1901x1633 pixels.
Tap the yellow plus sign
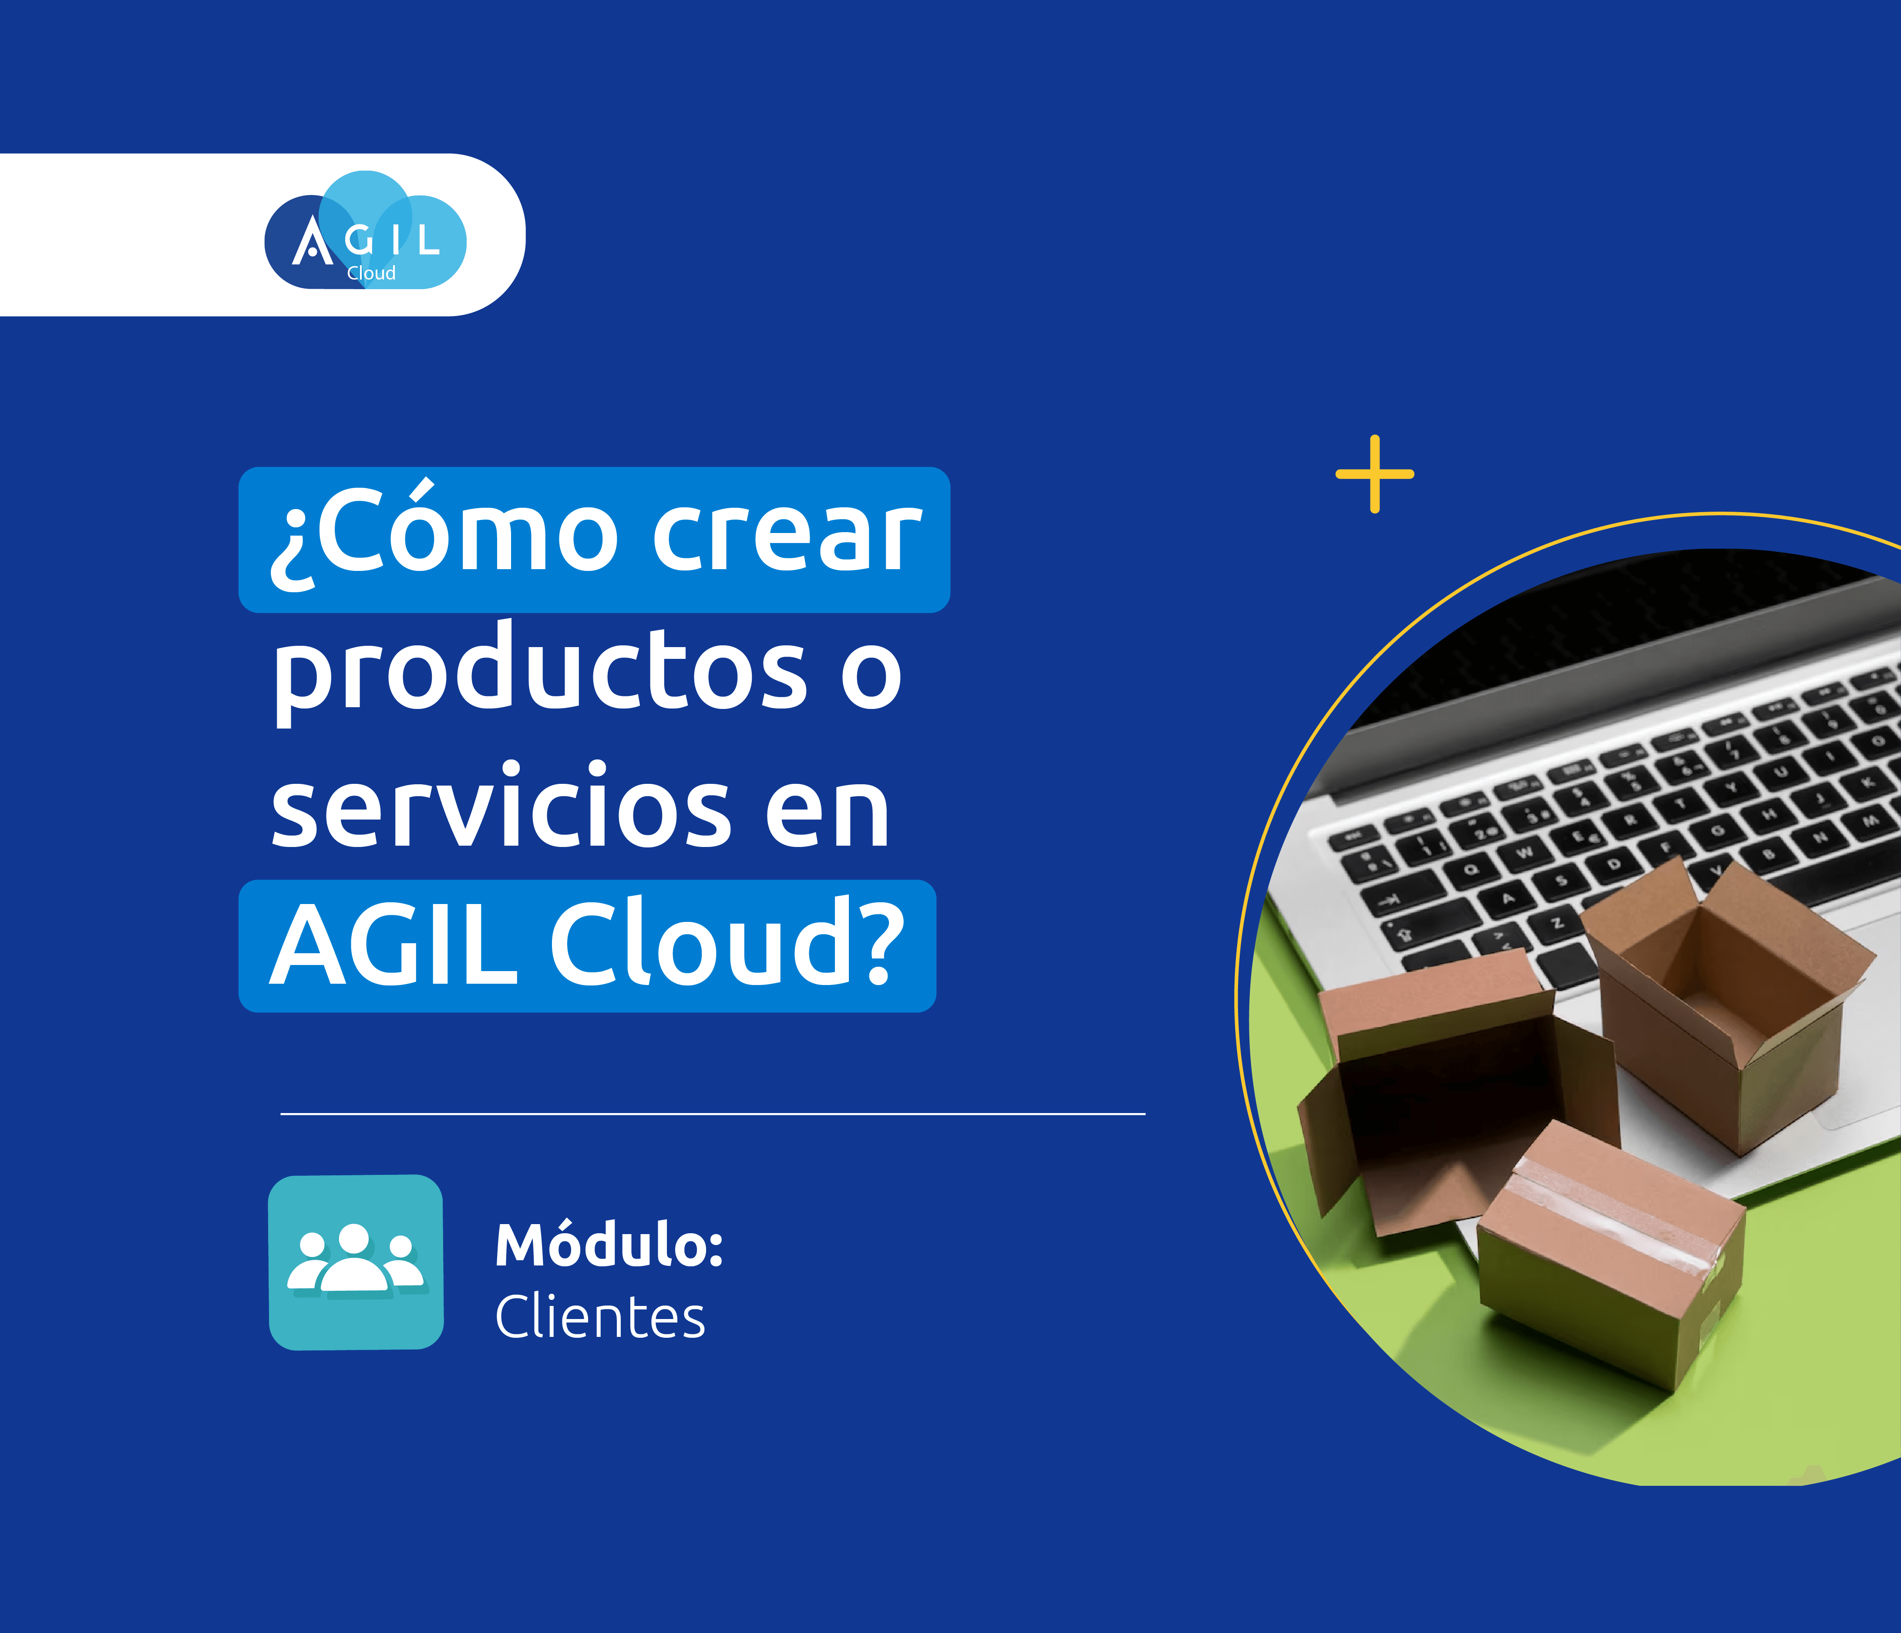(x=1374, y=474)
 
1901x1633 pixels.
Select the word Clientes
(x=600, y=1317)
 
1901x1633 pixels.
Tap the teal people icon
(x=356, y=1262)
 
